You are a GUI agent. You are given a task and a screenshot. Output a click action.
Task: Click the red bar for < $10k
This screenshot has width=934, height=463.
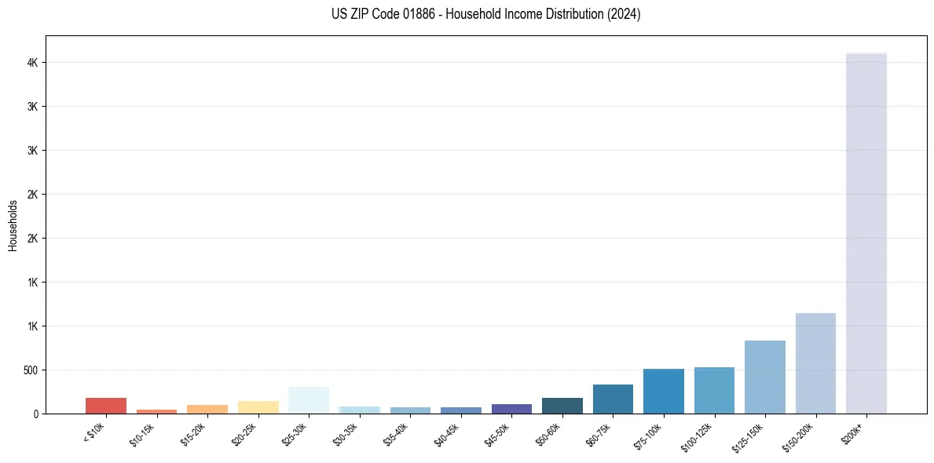click(x=106, y=405)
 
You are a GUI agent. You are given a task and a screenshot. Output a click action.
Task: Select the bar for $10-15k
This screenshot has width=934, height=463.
click(x=156, y=410)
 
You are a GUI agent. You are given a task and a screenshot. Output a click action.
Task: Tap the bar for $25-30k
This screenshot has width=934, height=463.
click(x=309, y=400)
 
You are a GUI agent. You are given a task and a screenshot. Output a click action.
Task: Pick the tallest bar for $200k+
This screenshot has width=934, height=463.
click(x=866, y=235)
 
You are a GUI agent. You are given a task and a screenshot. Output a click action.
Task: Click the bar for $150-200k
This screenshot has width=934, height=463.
click(x=815, y=363)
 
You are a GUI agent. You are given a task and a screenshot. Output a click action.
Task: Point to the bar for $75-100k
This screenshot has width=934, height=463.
click(x=664, y=391)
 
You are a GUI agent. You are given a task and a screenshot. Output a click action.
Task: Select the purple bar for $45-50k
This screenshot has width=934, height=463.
click(x=511, y=408)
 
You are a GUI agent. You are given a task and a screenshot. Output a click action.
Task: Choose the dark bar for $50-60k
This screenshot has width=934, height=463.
click(x=562, y=405)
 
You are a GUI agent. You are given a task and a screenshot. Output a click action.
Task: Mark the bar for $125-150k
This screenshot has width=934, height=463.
click(x=765, y=377)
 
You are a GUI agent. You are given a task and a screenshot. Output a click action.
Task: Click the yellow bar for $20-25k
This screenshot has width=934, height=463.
click(x=258, y=406)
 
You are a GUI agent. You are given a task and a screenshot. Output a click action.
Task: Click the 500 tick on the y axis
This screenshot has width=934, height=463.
click(x=31, y=370)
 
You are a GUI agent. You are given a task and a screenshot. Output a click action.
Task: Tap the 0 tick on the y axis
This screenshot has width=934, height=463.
click(x=37, y=414)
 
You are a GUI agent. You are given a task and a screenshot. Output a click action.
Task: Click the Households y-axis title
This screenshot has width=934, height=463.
click(x=13, y=224)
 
